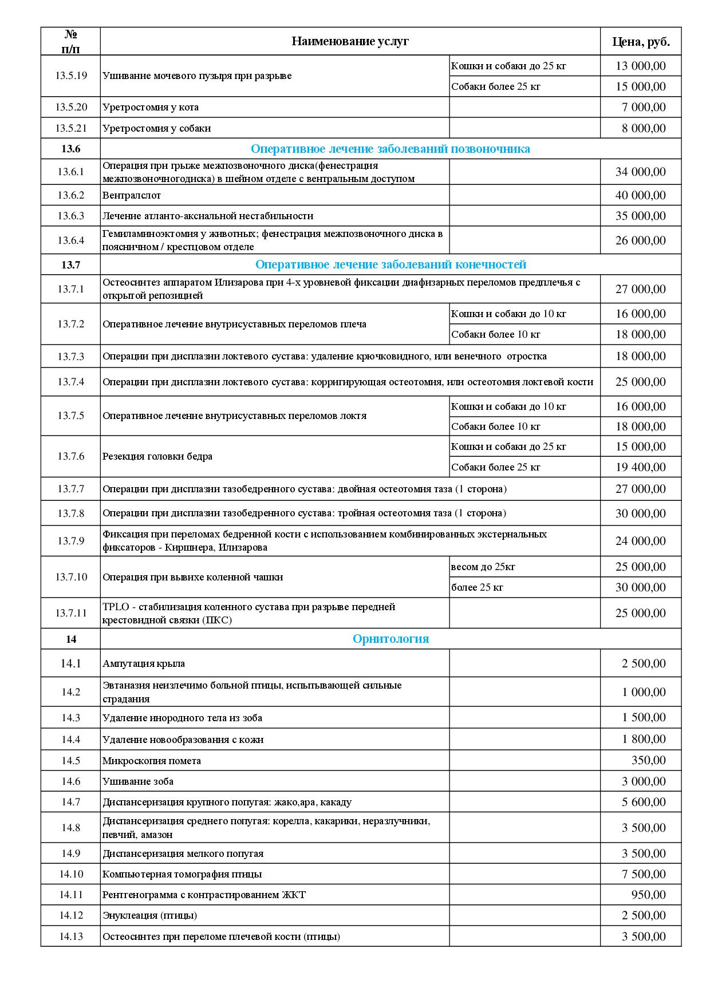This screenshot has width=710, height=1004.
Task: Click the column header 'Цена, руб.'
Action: (641, 41)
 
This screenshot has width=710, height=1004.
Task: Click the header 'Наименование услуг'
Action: (350, 41)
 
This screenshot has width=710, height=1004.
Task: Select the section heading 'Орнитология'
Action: (391, 639)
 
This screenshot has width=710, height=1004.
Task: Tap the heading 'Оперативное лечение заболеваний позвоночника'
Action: (391, 149)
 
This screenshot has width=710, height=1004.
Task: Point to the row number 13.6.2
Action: (70, 195)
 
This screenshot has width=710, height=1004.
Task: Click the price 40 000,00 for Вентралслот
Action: (641, 195)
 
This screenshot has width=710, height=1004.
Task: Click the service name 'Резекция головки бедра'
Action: (157, 456)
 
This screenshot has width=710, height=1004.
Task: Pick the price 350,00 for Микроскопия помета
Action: (649, 760)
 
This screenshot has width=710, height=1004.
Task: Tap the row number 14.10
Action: (70, 874)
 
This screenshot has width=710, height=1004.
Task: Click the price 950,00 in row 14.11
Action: (649, 895)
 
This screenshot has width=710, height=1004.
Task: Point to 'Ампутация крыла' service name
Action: (144, 663)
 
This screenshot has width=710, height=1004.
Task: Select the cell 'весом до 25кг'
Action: (483, 567)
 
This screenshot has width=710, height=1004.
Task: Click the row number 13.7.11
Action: (70, 613)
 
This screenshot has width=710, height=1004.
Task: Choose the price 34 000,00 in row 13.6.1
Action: (641, 172)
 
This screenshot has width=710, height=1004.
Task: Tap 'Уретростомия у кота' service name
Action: (151, 107)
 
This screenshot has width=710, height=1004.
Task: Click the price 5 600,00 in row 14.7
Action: (644, 802)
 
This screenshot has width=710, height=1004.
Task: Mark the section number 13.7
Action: (70, 264)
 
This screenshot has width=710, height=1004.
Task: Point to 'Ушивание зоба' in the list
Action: (138, 781)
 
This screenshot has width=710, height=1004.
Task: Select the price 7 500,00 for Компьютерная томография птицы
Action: (644, 874)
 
